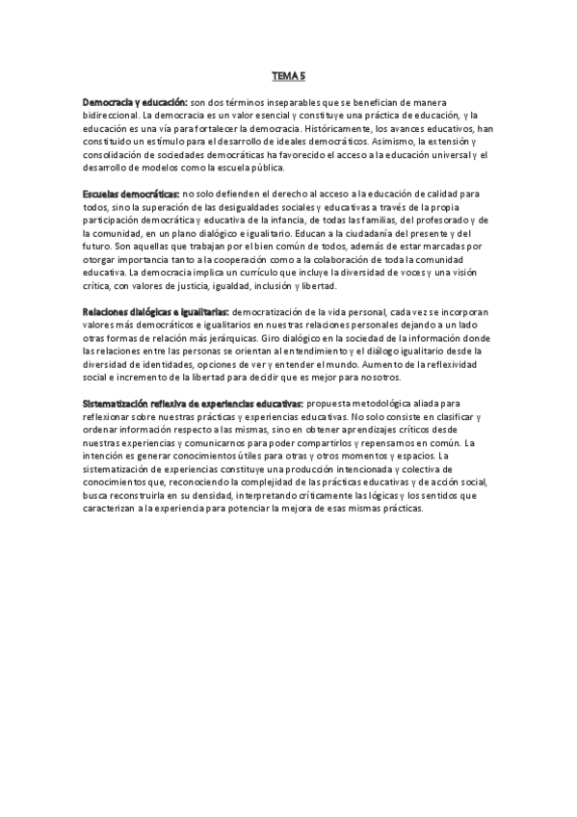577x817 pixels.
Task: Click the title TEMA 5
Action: point(288,74)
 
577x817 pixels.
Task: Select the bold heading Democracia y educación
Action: point(135,101)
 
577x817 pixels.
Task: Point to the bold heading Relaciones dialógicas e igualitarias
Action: point(155,313)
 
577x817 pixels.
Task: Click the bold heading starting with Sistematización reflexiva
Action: point(194,405)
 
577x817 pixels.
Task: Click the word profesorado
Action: point(427,221)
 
